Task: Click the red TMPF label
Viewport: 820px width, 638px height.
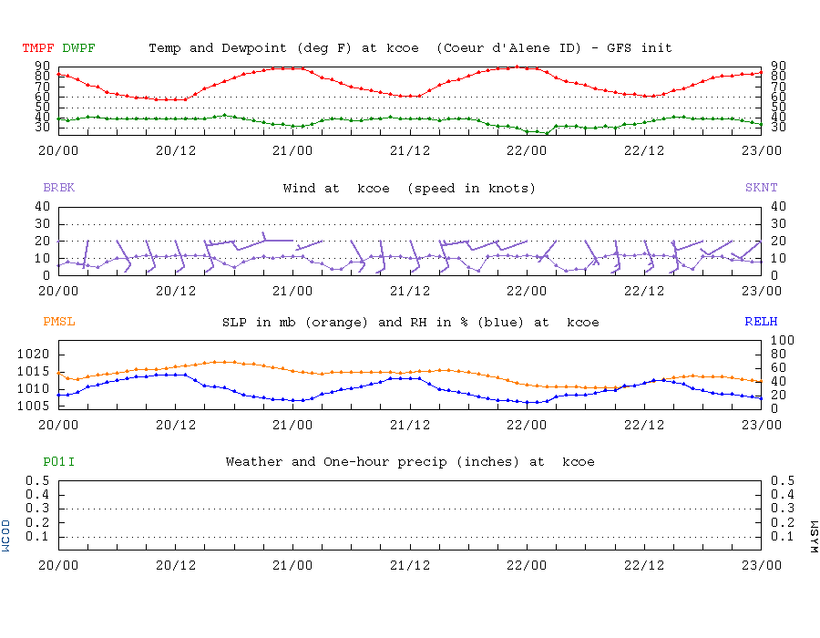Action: click(x=38, y=47)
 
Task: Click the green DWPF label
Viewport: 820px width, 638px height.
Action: click(x=78, y=47)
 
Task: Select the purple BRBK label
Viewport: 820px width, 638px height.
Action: click(x=58, y=188)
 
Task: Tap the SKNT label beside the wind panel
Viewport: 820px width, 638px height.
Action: click(x=762, y=188)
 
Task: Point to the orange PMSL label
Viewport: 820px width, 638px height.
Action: click(x=58, y=322)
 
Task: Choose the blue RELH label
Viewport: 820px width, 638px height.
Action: click(x=762, y=322)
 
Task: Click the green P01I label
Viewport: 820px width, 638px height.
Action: click(x=58, y=462)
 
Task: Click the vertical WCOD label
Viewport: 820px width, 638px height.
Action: click(x=7, y=535)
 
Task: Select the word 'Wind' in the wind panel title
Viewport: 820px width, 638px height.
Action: click(x=299, y=188)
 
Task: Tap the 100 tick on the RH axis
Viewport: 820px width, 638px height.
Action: click(x=783, y=341)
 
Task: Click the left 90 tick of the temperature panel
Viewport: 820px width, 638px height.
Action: click(x=42, y=66)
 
